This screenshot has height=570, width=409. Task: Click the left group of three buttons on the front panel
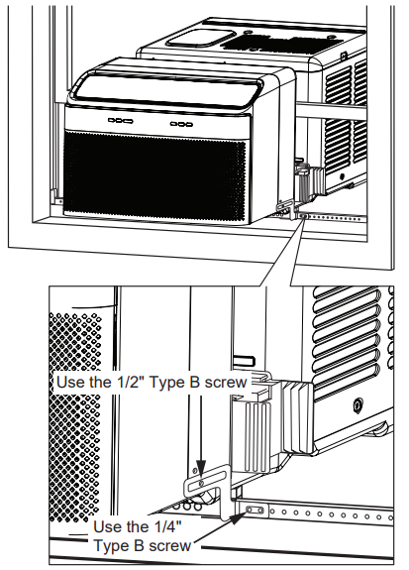coord(118,121)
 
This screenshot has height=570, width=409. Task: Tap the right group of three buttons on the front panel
coord(181,124)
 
